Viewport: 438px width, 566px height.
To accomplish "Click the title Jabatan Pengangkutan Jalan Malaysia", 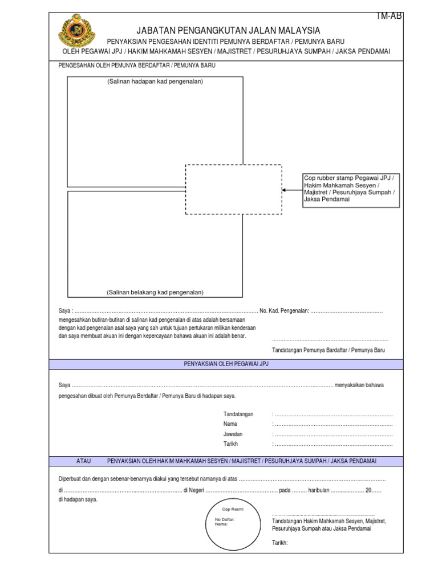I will pos(228,30).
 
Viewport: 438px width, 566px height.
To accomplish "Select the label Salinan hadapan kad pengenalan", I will pos(155,82).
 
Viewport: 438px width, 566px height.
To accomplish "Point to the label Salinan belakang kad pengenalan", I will pos(155,293).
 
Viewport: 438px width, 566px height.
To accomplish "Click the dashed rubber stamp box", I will pos(233,190).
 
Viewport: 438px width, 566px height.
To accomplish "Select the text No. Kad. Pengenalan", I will pos(285,311).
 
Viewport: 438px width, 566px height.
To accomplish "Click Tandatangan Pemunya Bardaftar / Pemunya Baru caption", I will pos(328,350).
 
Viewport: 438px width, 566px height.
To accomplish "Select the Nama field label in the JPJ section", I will pos(230,424).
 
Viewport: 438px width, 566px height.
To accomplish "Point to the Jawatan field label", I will pos(233,434).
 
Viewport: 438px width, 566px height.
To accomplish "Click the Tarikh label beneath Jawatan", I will pos(230,444).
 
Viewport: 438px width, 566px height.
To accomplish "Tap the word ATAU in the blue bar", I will pos(84,460).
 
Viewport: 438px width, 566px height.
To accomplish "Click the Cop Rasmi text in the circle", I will pos(233,509).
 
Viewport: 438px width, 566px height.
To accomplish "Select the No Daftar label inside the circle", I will pos(225,519).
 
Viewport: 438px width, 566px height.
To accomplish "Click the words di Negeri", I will pos(194,490).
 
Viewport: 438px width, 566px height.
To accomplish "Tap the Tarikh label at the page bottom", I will pos(280,543).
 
